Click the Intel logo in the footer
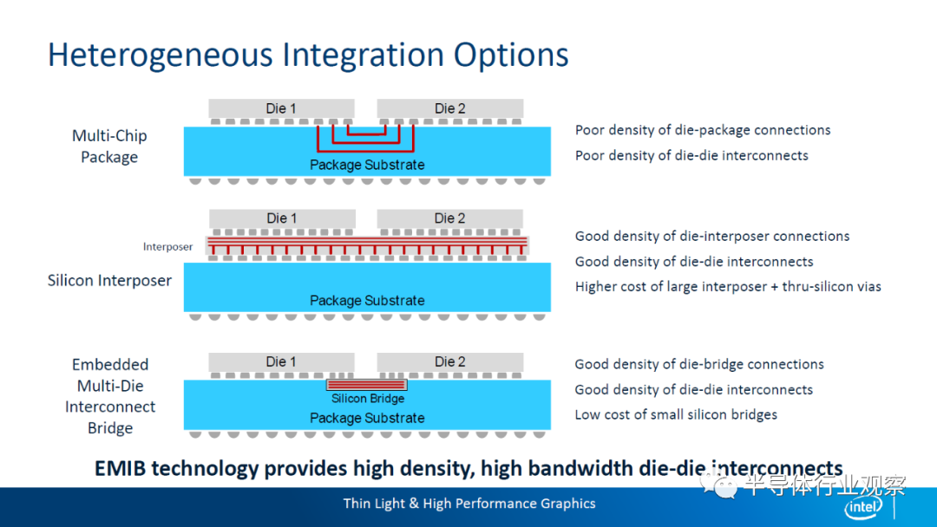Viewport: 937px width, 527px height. click(x=863, y=507)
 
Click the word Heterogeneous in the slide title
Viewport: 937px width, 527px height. click(x=160, y=55)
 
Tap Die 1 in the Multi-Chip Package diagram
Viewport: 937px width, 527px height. click(x=281, y=108)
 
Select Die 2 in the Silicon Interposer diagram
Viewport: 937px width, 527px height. click(x=449, y=218)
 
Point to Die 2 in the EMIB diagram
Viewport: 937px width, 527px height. click(x=449, y=361)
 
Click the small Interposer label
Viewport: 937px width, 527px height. click(x=167, y=246)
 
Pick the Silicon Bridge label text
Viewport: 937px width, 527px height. click(x=368, y=398)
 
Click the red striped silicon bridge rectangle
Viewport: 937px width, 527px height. click(x=366, y=385)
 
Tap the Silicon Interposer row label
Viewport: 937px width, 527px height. click(x=109, y=281)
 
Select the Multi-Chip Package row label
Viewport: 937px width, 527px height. click(x=109, y=146)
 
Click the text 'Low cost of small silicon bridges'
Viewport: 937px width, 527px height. click(x=676, y=414)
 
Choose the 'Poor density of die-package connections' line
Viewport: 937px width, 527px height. click(x=703, y=130)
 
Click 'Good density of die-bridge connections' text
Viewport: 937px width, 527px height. click(x=699, y=364)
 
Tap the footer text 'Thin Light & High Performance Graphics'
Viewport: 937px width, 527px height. click(x=469, y=503)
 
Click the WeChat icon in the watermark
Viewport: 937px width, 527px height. click(x=718, y=485)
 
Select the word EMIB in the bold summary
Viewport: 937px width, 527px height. click(x=120, y=469)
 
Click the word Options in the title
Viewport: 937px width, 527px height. click(x=511, y=55)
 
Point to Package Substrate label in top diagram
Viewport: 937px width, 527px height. click(x=367, y=165)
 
